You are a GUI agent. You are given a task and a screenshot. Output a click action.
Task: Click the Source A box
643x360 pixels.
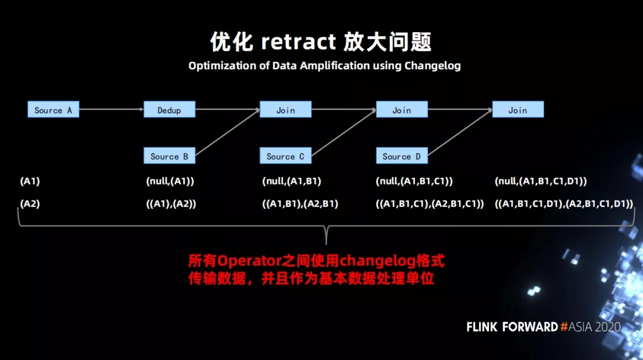(x=54, y=109)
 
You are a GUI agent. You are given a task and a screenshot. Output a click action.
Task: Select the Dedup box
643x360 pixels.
(x=169, y=109)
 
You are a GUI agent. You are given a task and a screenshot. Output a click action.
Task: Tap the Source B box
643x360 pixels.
(x=169, y=156)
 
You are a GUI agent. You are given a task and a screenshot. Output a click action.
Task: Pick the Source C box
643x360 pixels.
(x=285, y=156)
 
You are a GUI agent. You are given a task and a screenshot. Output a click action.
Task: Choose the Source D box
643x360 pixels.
(x=402, y=156)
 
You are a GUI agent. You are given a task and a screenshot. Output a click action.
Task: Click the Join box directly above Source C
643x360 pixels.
(x=285, y=109)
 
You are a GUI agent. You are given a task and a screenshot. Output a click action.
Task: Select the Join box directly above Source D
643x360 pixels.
(x=402, y=109)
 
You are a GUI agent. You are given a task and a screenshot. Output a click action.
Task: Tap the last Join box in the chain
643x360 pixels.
(x=518, y=109)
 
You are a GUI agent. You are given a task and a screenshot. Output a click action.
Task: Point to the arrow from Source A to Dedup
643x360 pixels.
(x=111, y=109)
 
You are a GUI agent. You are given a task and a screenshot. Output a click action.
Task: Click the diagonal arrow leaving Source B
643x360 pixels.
(x=227, y=133)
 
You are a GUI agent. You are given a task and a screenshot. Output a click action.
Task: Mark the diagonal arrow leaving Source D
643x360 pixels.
(x=460, y=133)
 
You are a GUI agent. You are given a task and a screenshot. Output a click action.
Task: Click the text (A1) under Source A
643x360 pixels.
(x=30, y=181)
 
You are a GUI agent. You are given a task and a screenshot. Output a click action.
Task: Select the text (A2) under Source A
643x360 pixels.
(x=30, y=204)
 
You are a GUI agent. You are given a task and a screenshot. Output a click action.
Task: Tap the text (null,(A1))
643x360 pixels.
(x=170, y=181)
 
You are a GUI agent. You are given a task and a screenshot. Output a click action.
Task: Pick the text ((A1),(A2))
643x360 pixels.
(x=171, y=204)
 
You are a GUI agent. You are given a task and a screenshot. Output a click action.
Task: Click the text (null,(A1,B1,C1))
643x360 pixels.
(x=414, y=181)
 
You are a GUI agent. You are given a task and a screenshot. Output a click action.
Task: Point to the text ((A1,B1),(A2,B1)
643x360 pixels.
(x=300, y=204)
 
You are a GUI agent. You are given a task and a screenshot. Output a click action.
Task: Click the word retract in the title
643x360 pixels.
(x=298, y=42)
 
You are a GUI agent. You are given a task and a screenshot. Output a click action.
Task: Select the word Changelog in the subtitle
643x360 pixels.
(x=433, y=66)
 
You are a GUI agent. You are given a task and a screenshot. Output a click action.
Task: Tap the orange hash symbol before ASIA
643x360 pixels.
(x=564, y=327)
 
